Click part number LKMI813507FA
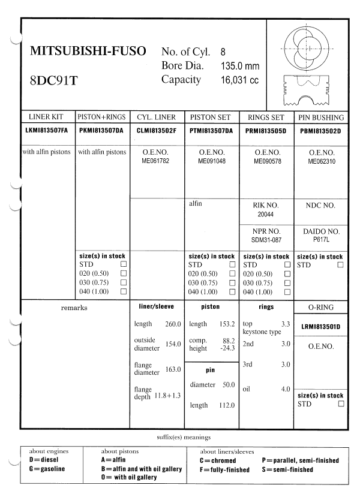[47, 130]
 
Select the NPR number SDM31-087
[265, 239]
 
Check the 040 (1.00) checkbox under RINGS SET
[287, 291]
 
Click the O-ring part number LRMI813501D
[320, 327]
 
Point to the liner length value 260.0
[173, 324]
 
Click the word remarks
[74, 308]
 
